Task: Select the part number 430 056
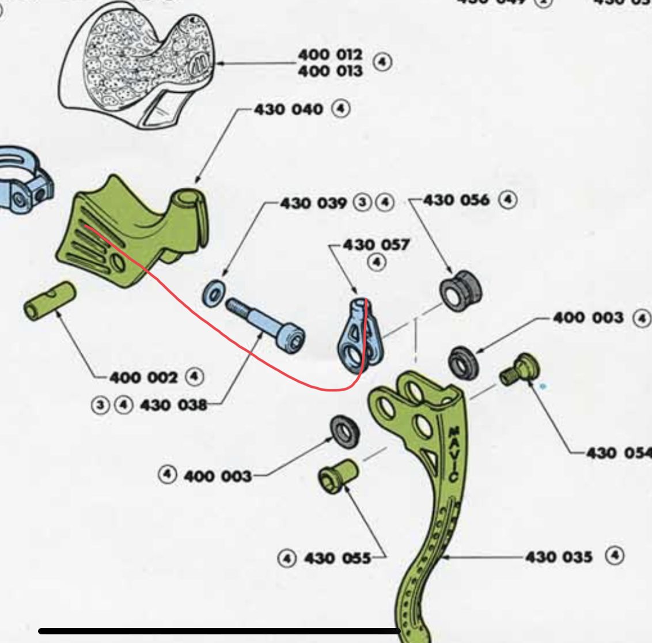point(456,201)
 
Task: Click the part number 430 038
point(173,405)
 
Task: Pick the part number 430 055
point(337,558)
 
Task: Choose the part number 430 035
point(559,557)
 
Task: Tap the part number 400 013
point(330,71)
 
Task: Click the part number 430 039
point(313,203)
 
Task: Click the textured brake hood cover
point(138,63)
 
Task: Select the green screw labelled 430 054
point(518,368)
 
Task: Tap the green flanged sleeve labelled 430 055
point(338,477)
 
